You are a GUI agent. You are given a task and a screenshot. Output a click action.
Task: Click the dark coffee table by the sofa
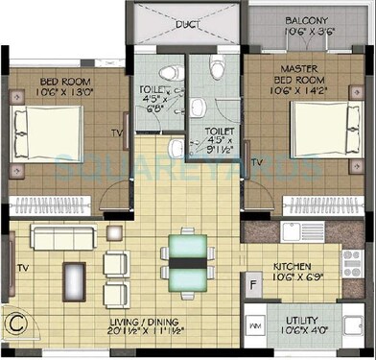coord(74,282)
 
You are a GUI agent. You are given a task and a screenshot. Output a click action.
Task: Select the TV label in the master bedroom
coord(257,164)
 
